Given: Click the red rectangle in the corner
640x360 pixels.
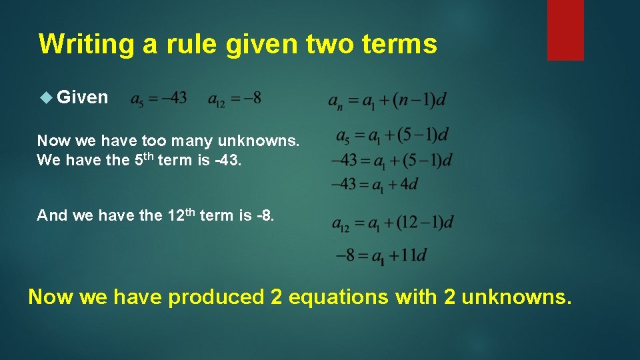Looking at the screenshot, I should pyautogui.click(x=565, y=29).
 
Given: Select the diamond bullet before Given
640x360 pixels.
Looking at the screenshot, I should pyautogui.click(x=46, y=97).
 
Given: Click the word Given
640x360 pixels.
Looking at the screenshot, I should pyautogui.click(x=83, y=97).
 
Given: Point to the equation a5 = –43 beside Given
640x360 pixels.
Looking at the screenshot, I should pyautogui.click(x=158, y=99).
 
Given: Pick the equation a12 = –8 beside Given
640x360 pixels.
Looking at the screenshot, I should pyautogui.click(x=234, y=99).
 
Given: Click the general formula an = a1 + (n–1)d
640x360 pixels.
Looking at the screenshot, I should pyautogui.click(x=387, y=101).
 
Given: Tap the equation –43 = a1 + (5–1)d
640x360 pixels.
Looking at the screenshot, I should pyautogui.click(x=392, y=161).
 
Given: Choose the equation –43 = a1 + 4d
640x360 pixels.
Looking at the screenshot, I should pyautogui.click(x=375, y=184).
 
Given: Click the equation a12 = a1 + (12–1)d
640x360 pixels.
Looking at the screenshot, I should pyautogui.click(x=393, y=223).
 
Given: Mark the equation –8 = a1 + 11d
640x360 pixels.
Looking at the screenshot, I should pyautogui.click(x=381, y=255).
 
